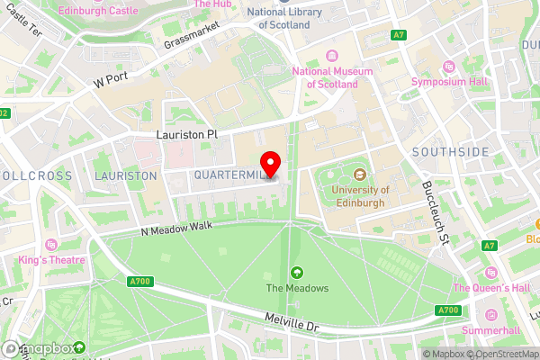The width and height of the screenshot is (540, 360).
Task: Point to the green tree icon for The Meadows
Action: coord(297,272)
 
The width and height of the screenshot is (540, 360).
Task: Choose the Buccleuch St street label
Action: coord(434,212)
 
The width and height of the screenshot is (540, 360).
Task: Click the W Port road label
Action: coord(112,79)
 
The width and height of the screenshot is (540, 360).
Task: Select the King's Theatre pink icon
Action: coord(51,245)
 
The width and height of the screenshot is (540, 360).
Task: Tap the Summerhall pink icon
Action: coord(490,316)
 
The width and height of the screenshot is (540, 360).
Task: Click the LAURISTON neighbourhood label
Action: coord(126,175)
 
